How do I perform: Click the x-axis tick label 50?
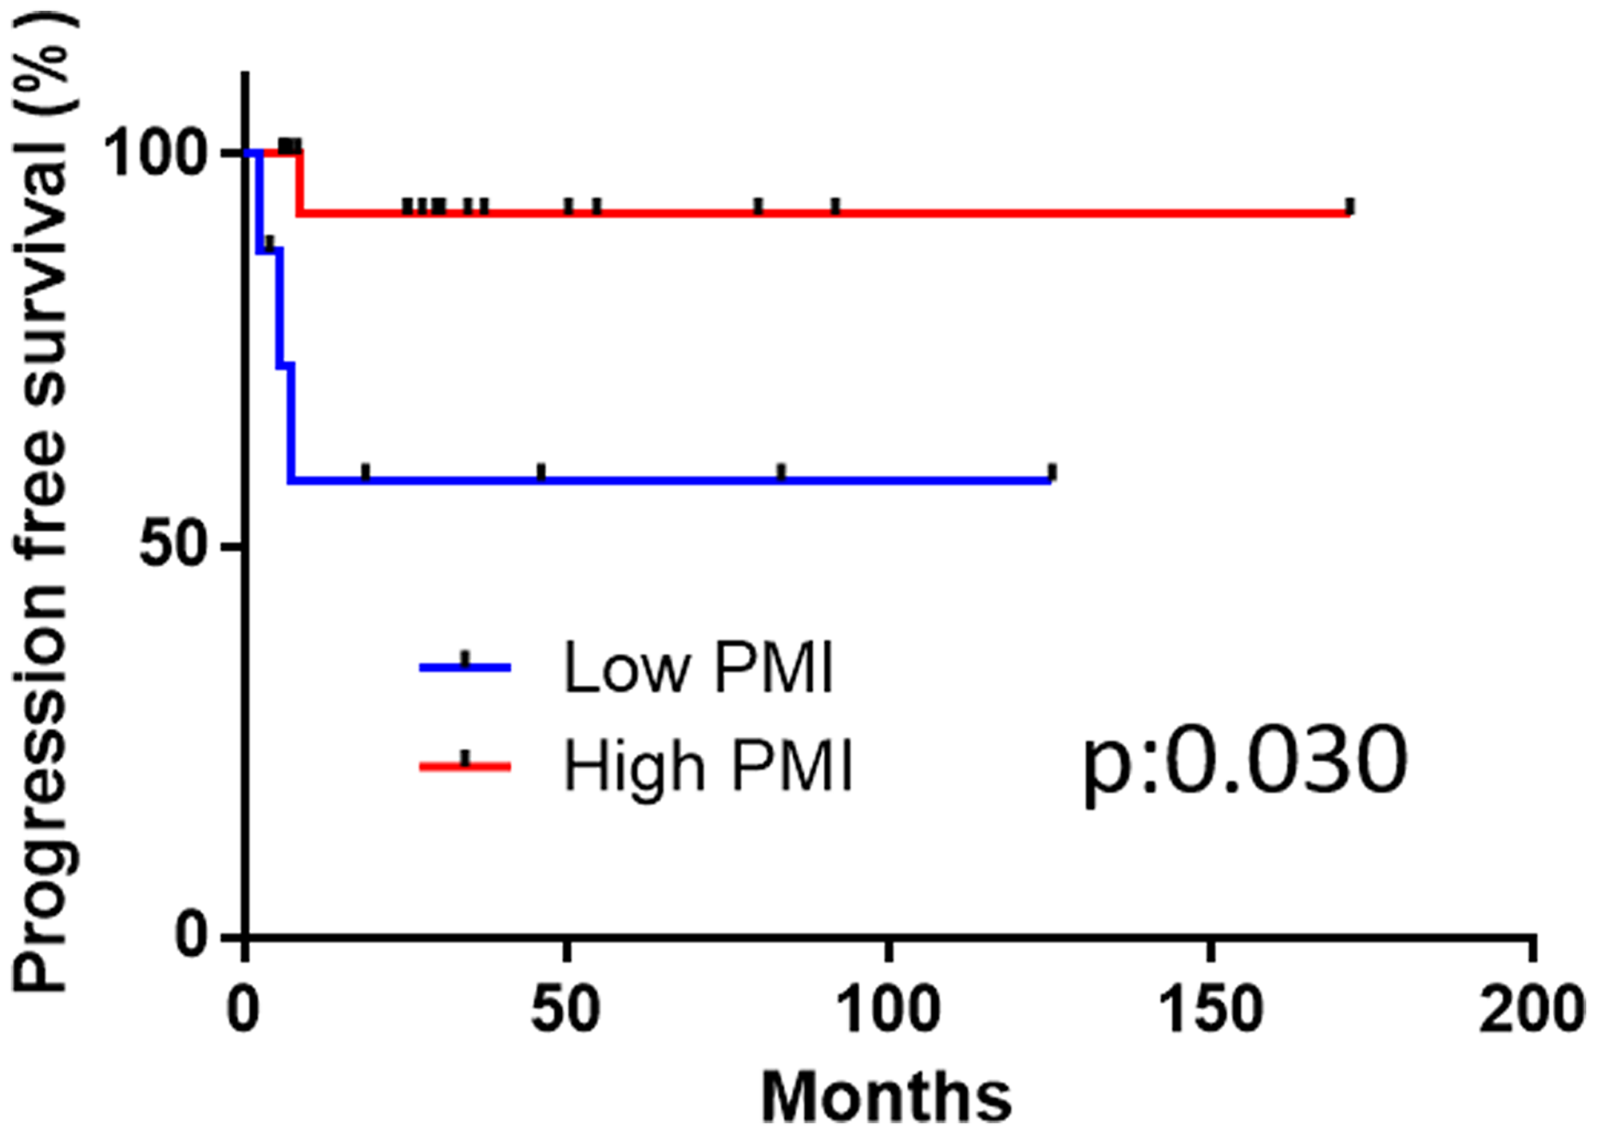click(565, 1009)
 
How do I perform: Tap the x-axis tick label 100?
click(887, 1009)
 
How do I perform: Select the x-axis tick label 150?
click(1211, 1009)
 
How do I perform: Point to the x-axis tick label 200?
click(1530, 1009)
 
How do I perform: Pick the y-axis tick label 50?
click(174, 547)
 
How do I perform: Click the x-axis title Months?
click(886, 1097)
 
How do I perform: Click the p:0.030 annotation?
click(1244, 763)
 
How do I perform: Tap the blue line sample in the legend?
click(465, 665)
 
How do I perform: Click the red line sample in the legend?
click(465, 765)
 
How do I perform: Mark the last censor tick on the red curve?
click(1349, 207)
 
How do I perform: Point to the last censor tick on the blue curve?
click(1052, 472)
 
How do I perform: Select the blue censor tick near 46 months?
click(541, 472)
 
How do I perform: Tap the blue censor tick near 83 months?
click(781, 472)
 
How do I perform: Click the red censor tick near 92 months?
click(835, 207)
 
